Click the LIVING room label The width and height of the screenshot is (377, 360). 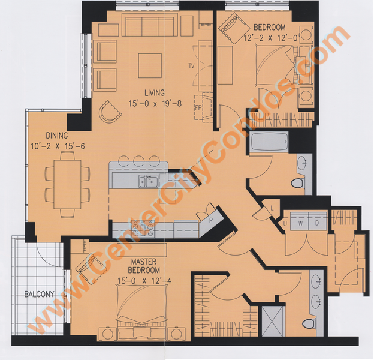[x=155, y=93]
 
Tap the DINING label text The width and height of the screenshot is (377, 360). [x=57, y=136]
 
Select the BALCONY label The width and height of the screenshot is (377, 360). [x=39, y=294]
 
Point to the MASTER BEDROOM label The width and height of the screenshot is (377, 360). [x=144, y=266]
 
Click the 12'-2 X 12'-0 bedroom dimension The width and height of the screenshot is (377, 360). [x=271, y=38]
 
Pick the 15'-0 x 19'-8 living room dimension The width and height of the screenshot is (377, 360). [x=155, y=104]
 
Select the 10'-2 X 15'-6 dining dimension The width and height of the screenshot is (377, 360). [x=58, y=146]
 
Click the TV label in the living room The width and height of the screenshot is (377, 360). [x=191, y=66]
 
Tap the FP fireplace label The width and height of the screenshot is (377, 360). [x=198, y=108]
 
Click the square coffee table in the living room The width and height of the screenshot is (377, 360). [x=150, y=65]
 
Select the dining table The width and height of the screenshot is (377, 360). [x=67, y=185]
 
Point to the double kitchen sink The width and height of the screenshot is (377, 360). [x=149, y=181]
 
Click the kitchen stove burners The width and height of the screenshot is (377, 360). [x=143, y=230]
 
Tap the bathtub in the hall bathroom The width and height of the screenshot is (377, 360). [x=269, y=142]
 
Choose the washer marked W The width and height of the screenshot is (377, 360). [x=300, y=221]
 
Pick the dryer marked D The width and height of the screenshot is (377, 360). [x=318, y=221]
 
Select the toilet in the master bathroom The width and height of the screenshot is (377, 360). [x=309, y=323]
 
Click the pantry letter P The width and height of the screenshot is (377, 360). [x=211, y=220]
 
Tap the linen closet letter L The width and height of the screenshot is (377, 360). [x=272, y=209]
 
